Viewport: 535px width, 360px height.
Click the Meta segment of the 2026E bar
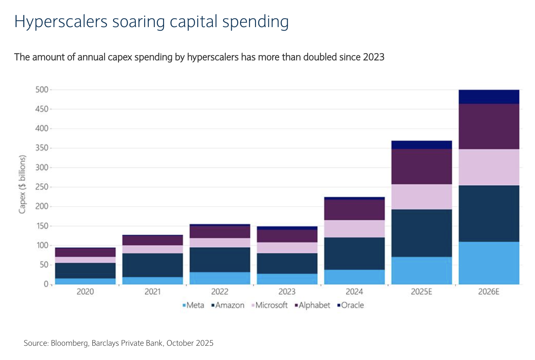point(489,263)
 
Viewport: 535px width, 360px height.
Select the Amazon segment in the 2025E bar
point(422,233)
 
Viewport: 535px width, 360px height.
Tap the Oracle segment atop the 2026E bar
point(489,97)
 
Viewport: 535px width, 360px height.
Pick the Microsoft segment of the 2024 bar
point(355,229)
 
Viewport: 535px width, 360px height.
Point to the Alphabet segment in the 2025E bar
point(422,166)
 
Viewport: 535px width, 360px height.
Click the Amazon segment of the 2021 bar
point(153,265)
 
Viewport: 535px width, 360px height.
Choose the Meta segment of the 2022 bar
point(220,278)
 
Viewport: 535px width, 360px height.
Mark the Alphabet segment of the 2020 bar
point(85,253)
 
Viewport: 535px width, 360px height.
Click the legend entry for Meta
point(193,305)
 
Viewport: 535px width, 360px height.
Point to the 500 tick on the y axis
point(42,90)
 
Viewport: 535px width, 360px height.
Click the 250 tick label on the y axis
point(42,187)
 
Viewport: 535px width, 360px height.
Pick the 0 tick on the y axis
point(46,284)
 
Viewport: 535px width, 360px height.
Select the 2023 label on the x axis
point(287,292)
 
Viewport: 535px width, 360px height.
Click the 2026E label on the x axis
point(489,292)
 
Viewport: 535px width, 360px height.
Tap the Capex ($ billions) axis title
point(22,184)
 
